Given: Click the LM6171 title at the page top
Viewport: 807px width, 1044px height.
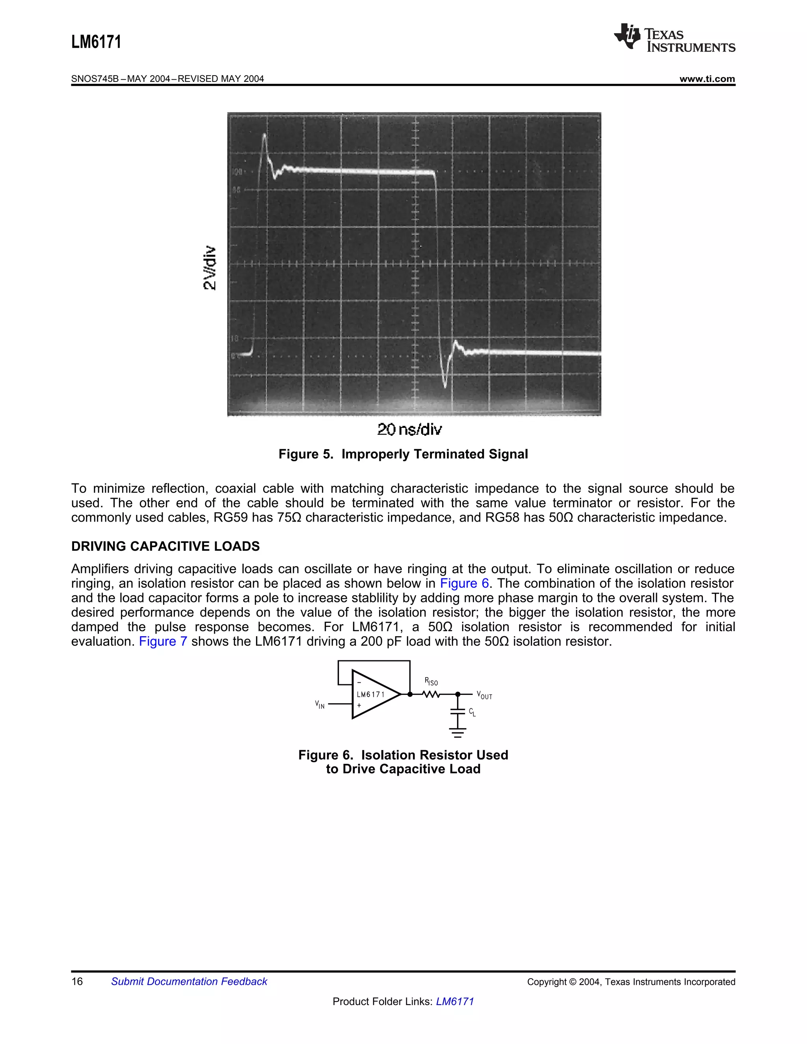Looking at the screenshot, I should (96, 42).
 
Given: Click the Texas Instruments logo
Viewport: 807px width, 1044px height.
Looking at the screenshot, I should (674, 38).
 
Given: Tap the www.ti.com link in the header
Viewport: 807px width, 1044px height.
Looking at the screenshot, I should (707, 79).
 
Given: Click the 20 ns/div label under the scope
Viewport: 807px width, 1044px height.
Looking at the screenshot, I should (409, 429).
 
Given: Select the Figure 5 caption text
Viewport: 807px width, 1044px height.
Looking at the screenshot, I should (403, 454).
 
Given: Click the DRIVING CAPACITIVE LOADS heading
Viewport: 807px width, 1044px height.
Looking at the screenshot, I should (165, 546).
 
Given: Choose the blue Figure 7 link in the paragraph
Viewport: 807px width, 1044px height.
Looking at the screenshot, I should (163, 641).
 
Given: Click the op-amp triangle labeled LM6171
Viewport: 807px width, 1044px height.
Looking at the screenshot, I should (373, 694).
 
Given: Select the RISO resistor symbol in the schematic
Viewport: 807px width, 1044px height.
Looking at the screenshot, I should (431, 694).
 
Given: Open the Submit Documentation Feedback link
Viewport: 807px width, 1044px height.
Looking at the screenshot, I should (189, 981).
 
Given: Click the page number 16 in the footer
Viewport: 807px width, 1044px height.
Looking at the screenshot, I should (77, 981).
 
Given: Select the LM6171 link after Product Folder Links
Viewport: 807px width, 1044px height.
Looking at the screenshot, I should (455, 1001).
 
